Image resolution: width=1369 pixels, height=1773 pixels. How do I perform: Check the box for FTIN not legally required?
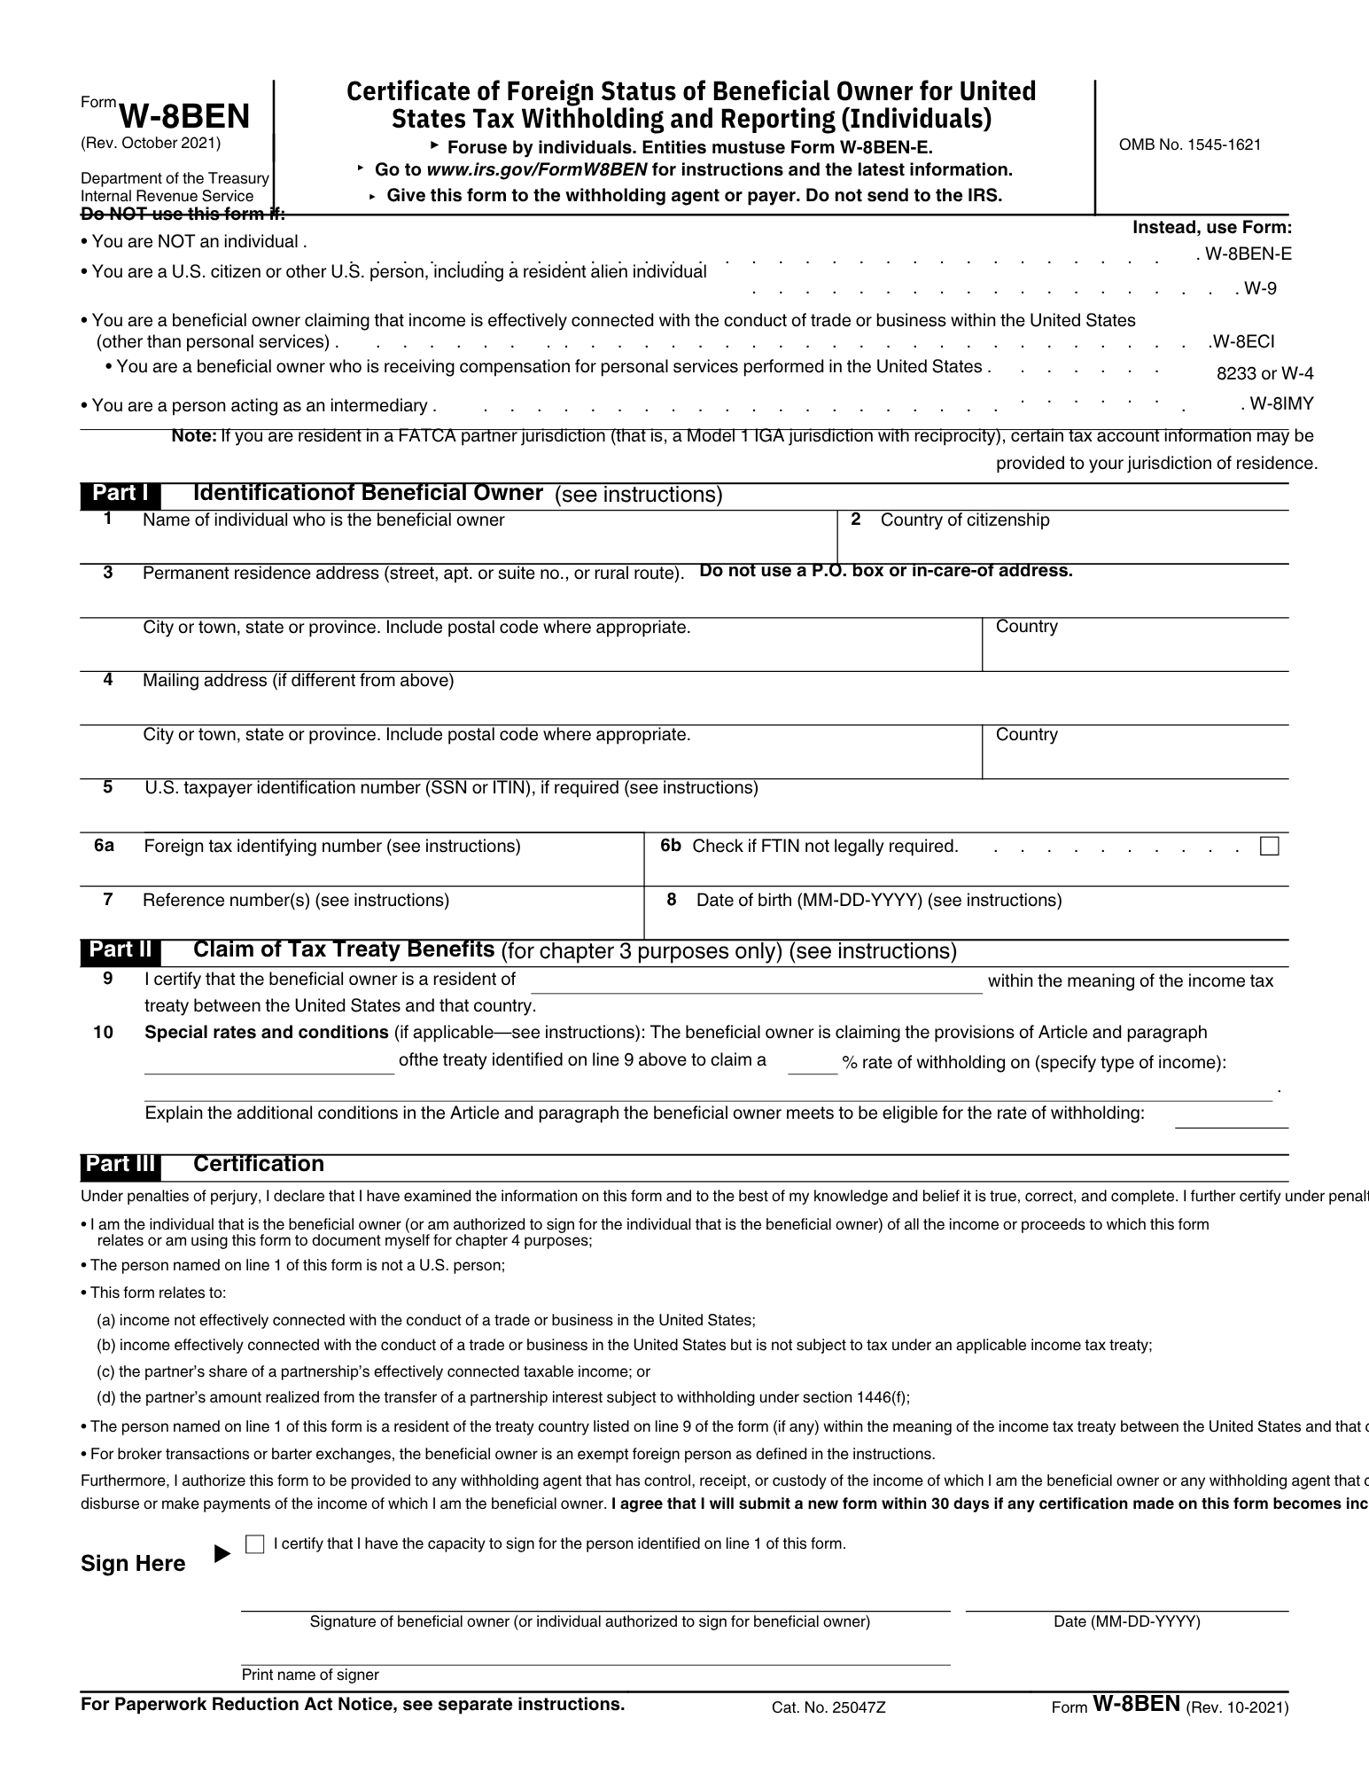1269,847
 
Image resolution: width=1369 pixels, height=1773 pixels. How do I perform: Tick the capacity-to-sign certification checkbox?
254,1544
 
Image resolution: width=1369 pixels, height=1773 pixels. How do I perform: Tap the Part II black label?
121,950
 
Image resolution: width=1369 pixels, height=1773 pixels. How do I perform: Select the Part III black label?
121,1164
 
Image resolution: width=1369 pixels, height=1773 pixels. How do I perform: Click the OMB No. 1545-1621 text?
1189,144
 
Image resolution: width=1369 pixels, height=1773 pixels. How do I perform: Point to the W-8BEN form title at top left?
183,116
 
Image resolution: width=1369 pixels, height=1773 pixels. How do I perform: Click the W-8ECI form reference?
1242,341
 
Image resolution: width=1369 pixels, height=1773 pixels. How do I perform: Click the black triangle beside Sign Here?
222,1554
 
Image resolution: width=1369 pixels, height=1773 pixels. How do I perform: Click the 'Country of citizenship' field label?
964,520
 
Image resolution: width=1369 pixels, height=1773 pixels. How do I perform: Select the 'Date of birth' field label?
878,901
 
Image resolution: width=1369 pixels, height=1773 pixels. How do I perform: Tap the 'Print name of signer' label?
310,1675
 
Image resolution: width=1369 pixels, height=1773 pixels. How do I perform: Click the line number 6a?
104,846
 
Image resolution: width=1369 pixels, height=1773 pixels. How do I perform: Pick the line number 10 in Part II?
103,1033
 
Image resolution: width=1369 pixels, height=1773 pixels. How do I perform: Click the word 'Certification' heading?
259,1164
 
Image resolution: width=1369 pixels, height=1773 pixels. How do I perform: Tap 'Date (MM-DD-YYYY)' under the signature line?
1126,1621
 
